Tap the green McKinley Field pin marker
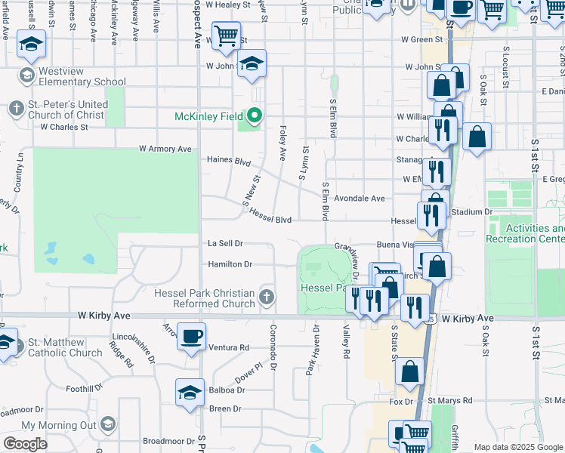255,116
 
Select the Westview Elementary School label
83,76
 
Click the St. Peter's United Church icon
17,109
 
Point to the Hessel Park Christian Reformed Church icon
266,297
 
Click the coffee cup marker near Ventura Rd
191,336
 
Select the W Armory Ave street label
165,149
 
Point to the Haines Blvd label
229,160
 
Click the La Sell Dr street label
225,243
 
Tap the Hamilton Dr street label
230,264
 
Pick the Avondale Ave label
360,198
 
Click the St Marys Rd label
449,400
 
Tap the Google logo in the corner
26,444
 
